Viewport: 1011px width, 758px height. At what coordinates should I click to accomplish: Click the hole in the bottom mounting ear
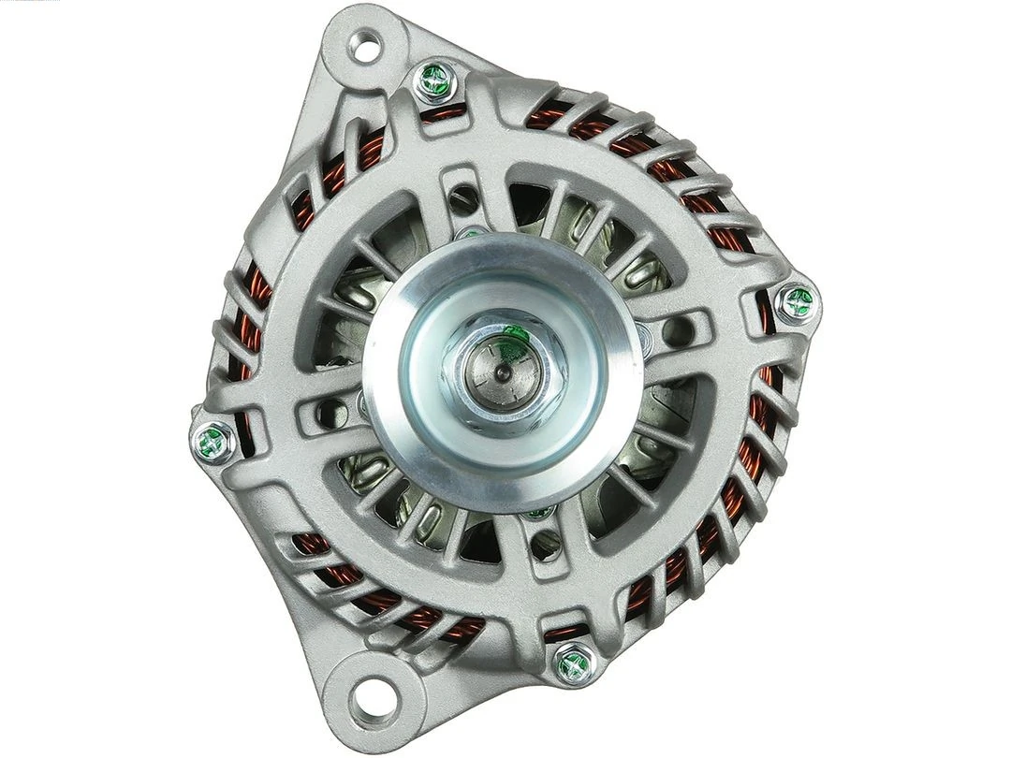click(373, 694)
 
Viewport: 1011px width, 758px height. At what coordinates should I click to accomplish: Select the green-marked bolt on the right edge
click(798, 302)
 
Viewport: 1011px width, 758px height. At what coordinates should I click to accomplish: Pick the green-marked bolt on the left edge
click(213, 442)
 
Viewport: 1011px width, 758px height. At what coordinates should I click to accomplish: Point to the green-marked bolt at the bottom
click(573, 663)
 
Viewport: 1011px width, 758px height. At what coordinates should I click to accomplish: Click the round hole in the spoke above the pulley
click(462, 199)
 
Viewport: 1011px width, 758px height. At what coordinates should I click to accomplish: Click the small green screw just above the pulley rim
click(473, 232)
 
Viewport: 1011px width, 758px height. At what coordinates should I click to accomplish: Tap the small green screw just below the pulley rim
click(537, 512)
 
